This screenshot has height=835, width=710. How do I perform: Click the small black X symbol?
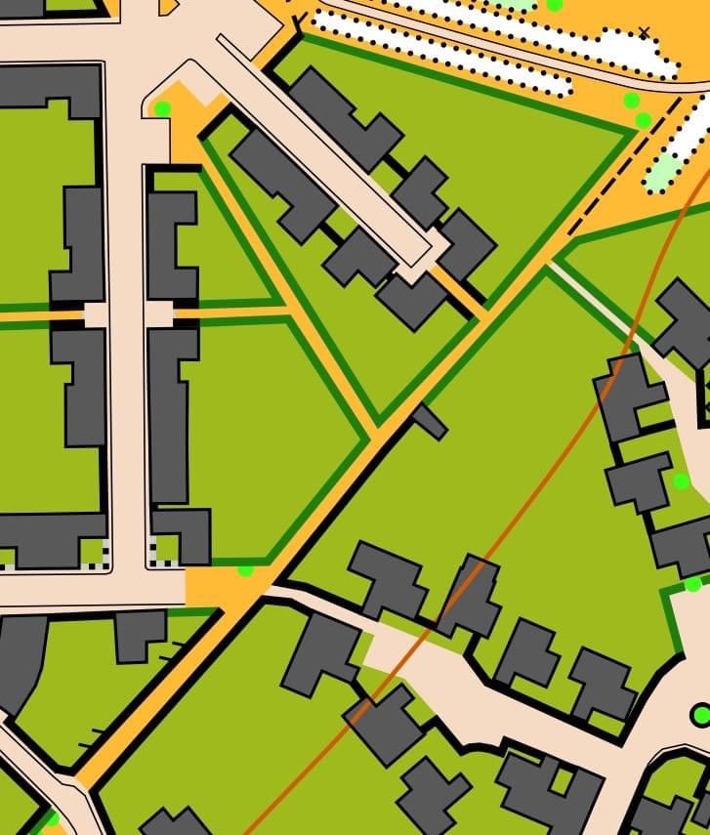click(x=644, y=33)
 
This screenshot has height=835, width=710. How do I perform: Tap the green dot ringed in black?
click(x=701, y=716)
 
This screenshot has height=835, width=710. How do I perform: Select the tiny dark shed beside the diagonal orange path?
click(x=430, y=421)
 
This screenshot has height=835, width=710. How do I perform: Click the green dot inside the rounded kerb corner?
click(x=162, y=108)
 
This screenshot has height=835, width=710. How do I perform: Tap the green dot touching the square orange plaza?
click(x=245, y=569)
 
